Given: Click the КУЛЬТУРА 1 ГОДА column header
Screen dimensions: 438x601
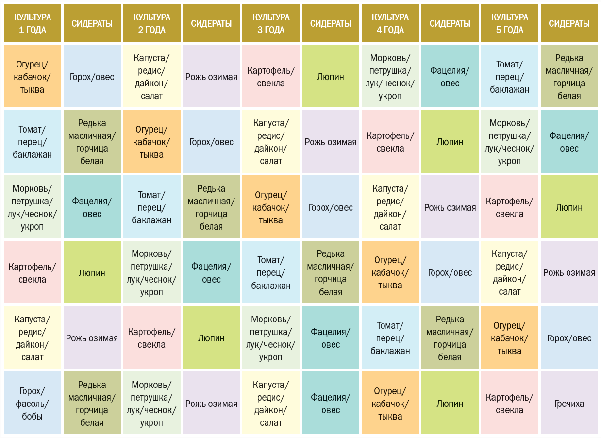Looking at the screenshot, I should coord(33,23).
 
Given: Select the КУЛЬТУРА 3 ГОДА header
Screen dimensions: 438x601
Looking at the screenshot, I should coord(271,23).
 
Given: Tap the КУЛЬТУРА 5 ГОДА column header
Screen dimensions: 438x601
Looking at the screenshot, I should coord(509,23).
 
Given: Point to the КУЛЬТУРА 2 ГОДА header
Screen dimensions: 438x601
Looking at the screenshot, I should coord(151,23).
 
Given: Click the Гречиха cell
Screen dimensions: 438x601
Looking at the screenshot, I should coord(569,403).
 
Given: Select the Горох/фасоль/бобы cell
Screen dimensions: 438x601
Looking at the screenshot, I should coord(33,403).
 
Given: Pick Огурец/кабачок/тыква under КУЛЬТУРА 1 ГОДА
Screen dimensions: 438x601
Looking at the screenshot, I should coord(33,76).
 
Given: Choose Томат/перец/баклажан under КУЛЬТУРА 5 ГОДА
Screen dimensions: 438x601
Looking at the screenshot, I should coord(509,76).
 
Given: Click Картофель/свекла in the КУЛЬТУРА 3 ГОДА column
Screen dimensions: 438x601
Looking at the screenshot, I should coord(271,76).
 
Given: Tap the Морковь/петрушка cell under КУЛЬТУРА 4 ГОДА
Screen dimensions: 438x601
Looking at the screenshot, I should coord(390,76).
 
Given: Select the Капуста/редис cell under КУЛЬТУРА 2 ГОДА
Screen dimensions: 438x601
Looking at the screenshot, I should coord(151,76).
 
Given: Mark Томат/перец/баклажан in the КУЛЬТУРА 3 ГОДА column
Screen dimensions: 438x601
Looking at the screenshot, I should coord(271,272).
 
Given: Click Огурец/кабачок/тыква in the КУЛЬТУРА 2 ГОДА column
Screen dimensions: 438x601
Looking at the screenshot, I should coord(151,142).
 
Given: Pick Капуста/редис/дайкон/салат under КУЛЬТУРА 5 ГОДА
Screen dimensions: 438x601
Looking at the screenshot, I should coord(509,272).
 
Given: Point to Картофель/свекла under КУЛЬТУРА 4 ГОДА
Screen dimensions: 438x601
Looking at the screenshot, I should coord(390,142).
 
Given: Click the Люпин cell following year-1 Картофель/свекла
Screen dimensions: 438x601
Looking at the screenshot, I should coord(92,272).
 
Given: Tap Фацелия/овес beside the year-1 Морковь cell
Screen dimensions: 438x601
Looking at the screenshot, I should coord(92,207).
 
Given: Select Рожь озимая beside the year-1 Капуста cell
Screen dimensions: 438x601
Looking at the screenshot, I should coord(92,338).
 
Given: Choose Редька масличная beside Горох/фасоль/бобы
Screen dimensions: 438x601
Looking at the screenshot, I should coord(92,403).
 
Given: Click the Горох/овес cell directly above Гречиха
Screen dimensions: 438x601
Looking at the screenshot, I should coord(569,338).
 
